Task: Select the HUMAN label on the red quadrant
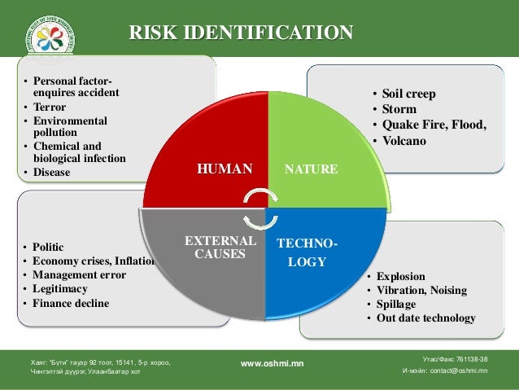225,169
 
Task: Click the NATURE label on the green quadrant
311,169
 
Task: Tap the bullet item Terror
50,107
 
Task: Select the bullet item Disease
52,173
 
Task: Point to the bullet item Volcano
404,140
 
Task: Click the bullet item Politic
49,246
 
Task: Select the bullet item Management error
80,275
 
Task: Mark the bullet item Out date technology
425,318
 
